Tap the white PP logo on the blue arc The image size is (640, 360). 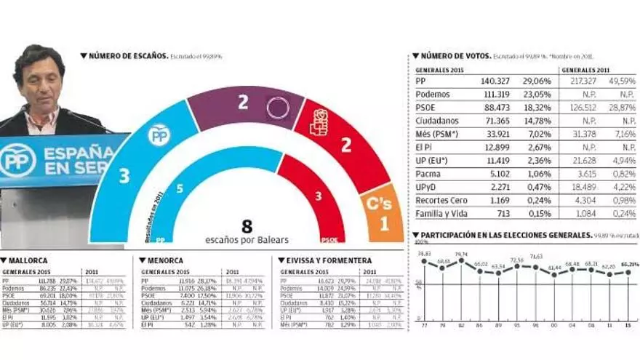[159, 135]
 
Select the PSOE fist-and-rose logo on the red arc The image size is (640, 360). [320, 122]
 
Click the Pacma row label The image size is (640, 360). [428, 174]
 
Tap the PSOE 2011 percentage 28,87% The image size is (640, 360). [621, 108]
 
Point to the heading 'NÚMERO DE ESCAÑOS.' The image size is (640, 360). [129, 55]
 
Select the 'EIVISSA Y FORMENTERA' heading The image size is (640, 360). [329, 260]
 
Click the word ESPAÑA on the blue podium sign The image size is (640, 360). [79, 153]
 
